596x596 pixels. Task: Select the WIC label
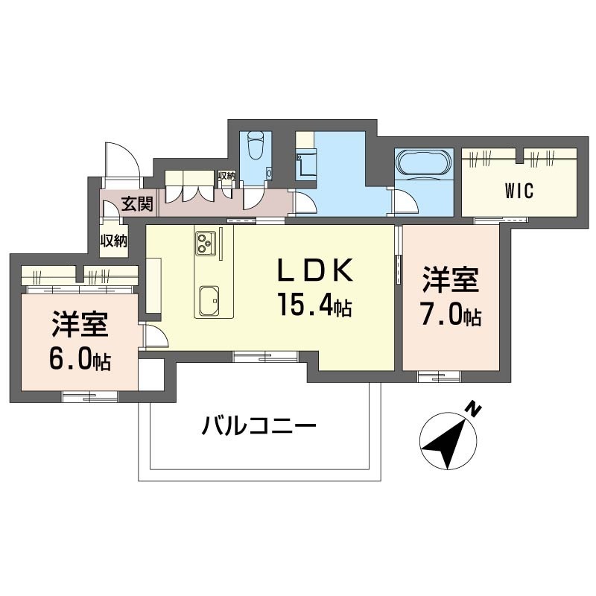click(x=519, y=191)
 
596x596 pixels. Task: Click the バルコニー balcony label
click(x=259, y=427)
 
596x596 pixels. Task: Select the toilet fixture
click(x=256, y=145)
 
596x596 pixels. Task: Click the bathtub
click(x=423, y=164)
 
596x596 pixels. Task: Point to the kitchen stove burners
click(x=205, y=241)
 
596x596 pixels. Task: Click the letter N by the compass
click(x=472, y=408)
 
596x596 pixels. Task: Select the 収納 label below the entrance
click(x=114, y=241)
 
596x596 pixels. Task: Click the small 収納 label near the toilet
click(x=226, y=177)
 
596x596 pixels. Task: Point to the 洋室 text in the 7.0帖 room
click(x=451, y=282)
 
